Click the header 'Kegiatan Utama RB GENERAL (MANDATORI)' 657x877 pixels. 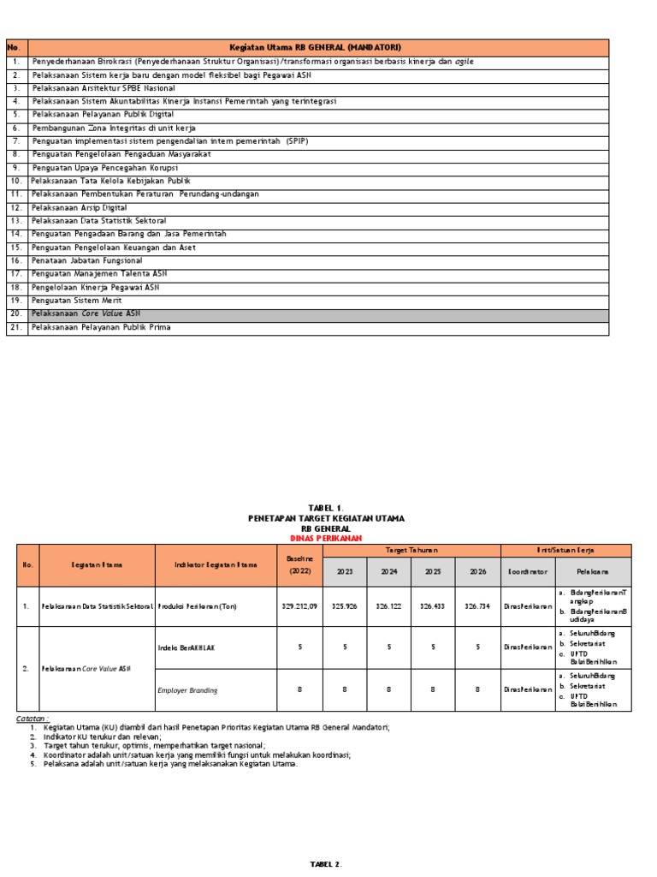[316, 47]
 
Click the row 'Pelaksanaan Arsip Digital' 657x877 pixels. [80, 208]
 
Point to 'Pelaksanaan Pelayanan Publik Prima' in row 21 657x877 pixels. [101, 327]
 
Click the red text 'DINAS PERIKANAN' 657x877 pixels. [326, 538]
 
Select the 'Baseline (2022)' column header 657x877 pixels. [300, 564]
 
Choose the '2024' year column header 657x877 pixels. [389, 571]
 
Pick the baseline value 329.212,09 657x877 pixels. [300, 606]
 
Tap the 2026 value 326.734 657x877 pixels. [477, 606]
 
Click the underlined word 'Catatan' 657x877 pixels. [33, 718]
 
